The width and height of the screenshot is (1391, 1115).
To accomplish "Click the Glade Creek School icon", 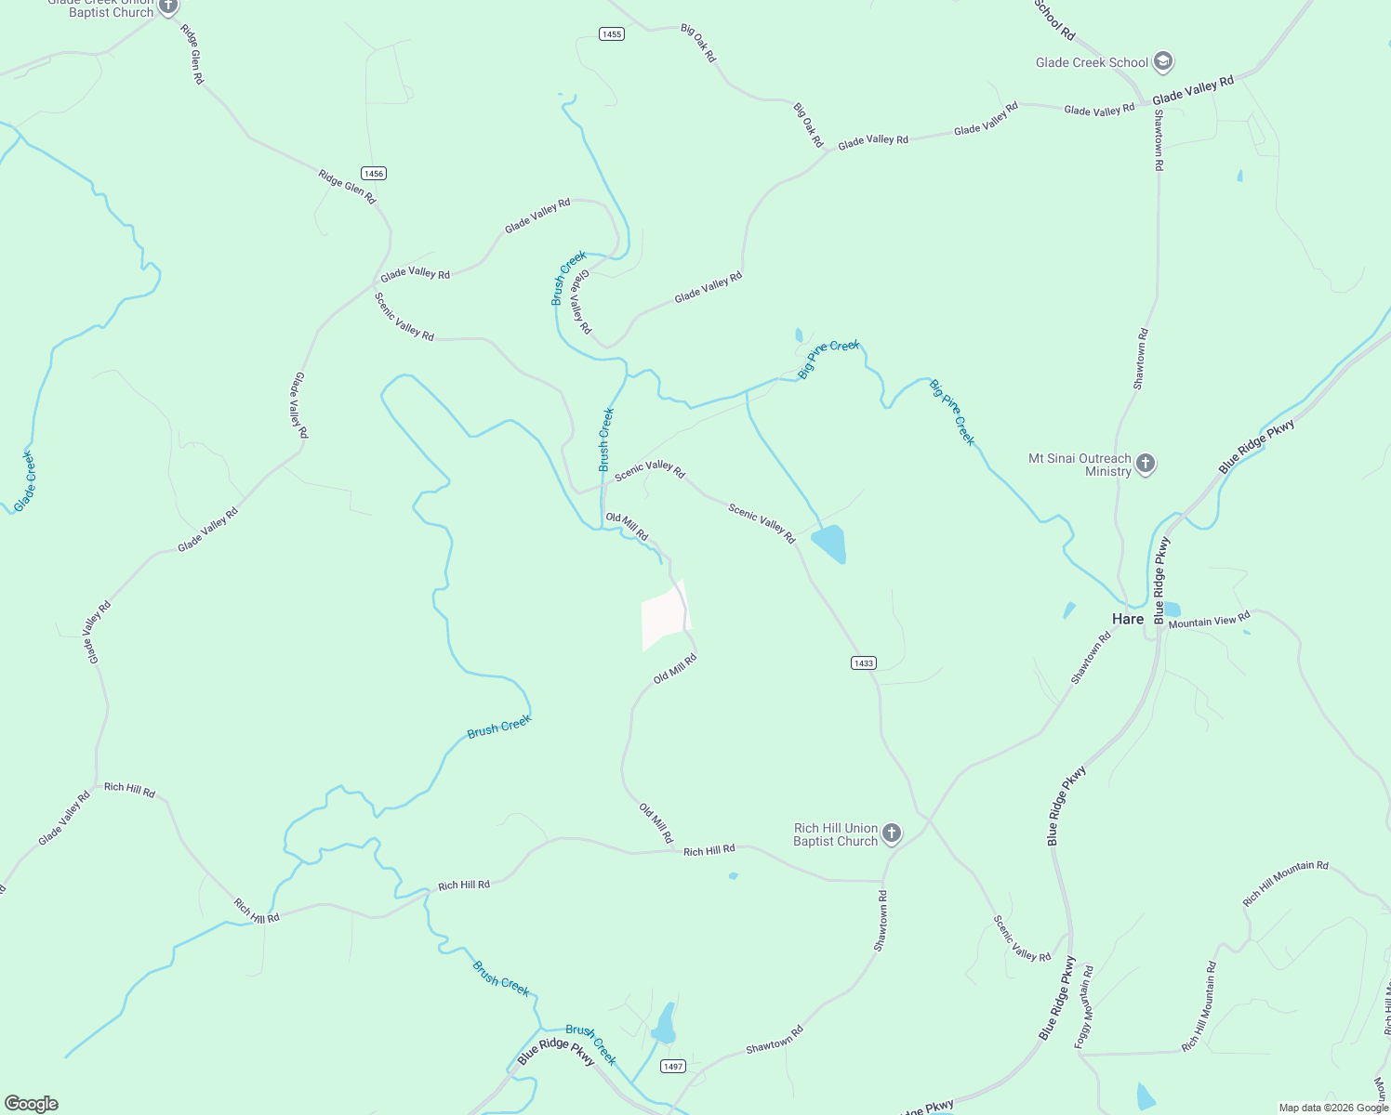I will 1162,62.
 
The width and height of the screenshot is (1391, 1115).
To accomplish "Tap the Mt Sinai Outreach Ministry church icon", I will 1146,464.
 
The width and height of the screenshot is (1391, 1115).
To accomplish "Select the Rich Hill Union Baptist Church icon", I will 892,833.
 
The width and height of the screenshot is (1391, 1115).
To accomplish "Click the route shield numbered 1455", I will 611,34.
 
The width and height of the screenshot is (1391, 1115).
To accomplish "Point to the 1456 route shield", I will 374,174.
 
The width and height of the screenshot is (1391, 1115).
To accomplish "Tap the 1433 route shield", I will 863,662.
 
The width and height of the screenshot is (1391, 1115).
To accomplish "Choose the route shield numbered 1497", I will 673,1066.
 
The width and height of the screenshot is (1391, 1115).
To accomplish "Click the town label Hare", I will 1127,619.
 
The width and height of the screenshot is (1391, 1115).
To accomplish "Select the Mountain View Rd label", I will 1209,620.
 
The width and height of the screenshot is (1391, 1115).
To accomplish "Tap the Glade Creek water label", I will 25,480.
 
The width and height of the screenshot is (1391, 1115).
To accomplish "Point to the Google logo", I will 31,1104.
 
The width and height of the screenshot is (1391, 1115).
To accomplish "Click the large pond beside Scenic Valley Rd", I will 829,544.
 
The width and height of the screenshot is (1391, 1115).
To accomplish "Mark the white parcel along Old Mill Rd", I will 665,616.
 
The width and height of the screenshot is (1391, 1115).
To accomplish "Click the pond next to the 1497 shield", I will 664,1025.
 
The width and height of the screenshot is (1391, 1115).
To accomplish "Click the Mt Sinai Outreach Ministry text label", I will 1080,465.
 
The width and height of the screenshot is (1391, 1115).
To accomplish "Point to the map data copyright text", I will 1333,1108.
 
